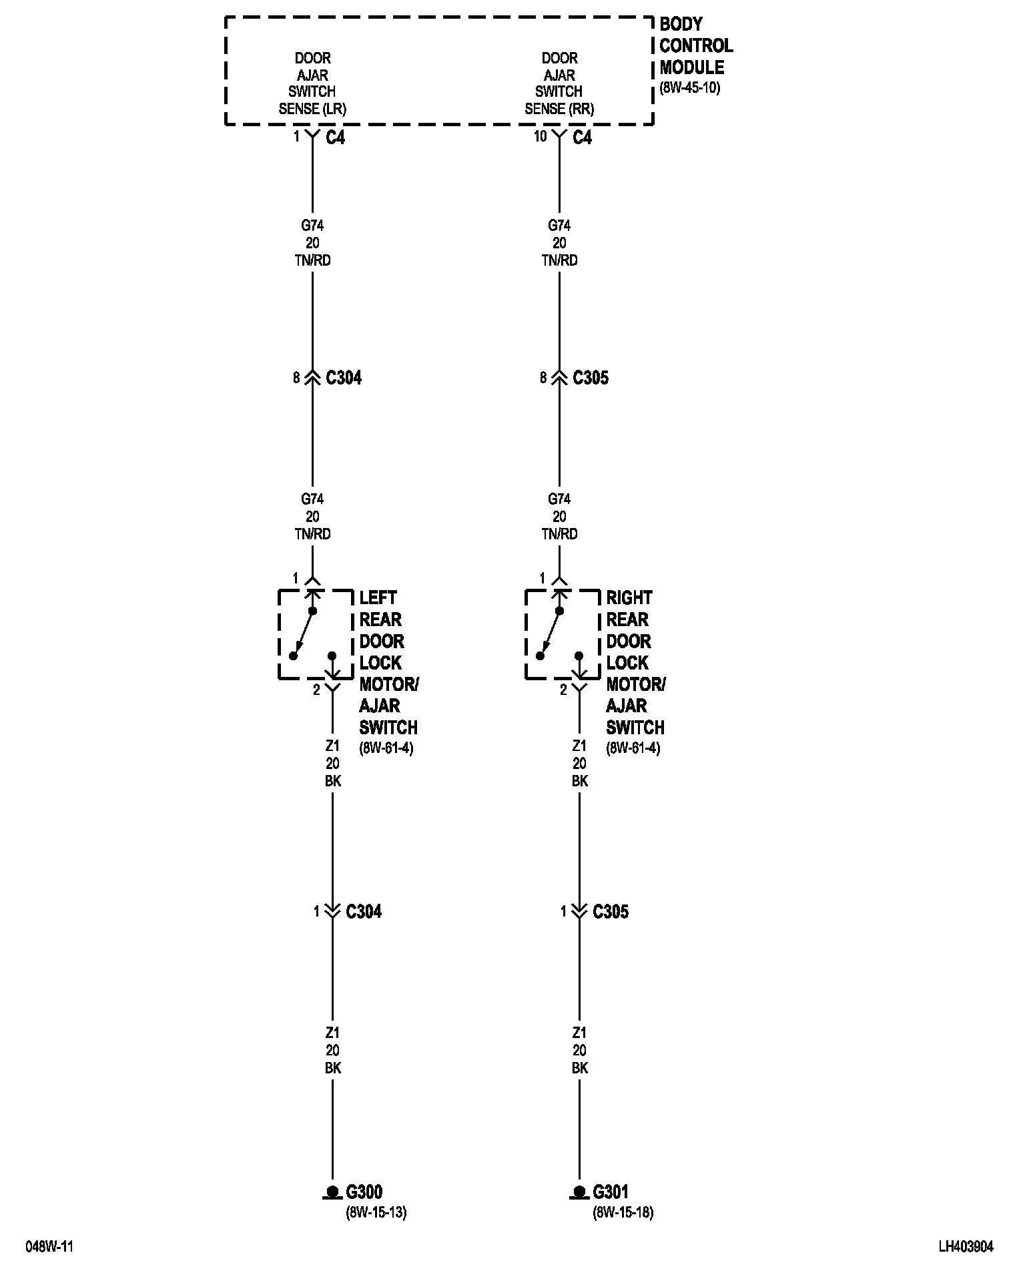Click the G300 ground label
tap(364, 1192)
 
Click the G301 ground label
tap(611, 1192)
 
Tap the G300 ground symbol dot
tap(332, 1191)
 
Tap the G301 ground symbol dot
tap(579, 1191)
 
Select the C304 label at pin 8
tap(344, 378)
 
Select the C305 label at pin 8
tap(591, 378)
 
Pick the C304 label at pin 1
tap(364, 911)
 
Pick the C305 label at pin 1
tap(611, 911)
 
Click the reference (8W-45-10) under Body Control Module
tap(690, 87)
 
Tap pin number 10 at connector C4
tap(540, 136)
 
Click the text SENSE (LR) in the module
tap(312, 108)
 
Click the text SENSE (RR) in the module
tap(559, 108)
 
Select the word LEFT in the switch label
tap(378, 597)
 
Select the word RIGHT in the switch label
tap(629, 597)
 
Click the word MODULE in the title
tap(691, 67)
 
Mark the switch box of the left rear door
tap(315, 634)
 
